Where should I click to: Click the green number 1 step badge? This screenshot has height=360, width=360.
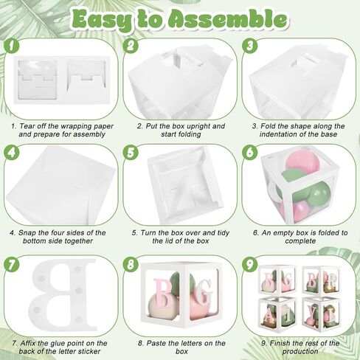tap(12, 46)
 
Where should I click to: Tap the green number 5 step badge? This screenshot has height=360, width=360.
tap(131, 153)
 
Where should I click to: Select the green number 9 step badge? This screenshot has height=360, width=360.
tap(249, 264)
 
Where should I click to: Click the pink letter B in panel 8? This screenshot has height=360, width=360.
tap(164, 294)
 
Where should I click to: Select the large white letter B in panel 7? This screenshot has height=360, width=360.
tap(63, 294)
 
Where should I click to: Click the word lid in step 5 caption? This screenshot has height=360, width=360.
tap(167, 240)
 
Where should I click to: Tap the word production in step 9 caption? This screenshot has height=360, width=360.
tap(300, 351)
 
